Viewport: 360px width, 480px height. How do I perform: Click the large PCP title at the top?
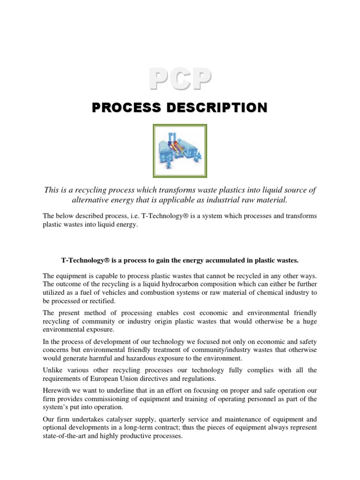point(180,79)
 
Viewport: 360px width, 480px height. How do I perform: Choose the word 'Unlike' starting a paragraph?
point(53,370)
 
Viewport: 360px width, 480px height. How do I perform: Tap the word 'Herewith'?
point(57,390)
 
